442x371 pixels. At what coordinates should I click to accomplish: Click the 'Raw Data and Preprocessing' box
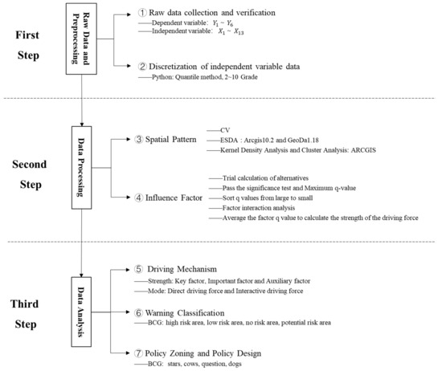pos(86,40)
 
